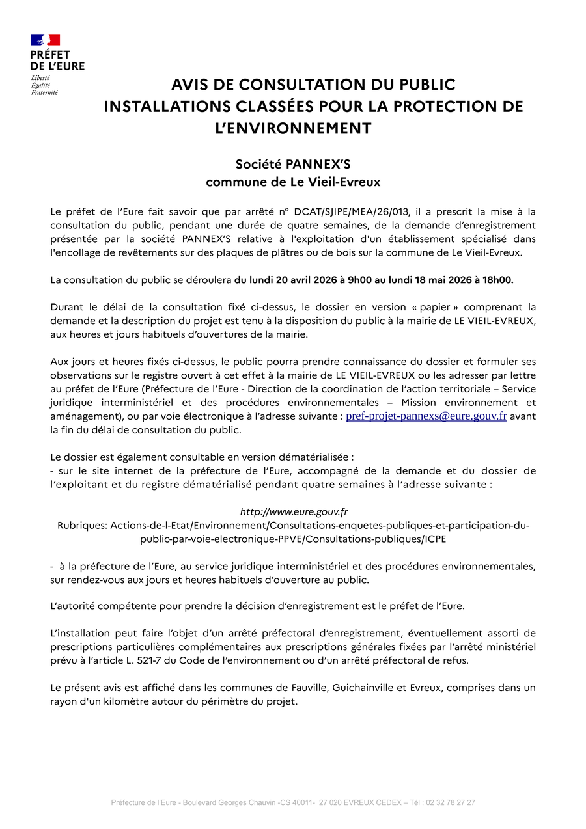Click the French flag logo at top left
(45, 40)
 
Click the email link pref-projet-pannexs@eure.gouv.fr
(426, 416)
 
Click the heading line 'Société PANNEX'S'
(293, 164)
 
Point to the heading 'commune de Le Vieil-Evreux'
(293, 182)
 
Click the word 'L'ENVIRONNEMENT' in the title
(293, 128)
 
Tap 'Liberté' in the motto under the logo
(40, 78)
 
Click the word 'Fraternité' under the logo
(44, 92)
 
